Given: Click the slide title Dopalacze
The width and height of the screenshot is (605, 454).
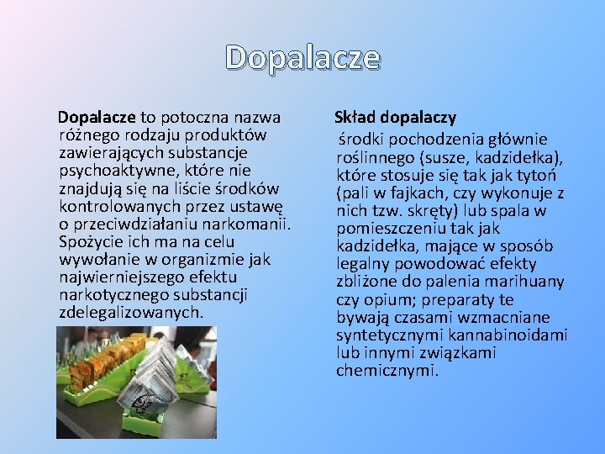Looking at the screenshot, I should (302, 57).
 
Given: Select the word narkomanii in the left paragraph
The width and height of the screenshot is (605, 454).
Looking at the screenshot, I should (252, 224).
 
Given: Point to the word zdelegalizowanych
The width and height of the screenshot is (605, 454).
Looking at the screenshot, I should (131, 312).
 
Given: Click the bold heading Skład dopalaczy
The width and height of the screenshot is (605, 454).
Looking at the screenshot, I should (395, 117).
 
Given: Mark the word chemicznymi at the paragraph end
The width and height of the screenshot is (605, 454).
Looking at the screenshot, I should (387, 370).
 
